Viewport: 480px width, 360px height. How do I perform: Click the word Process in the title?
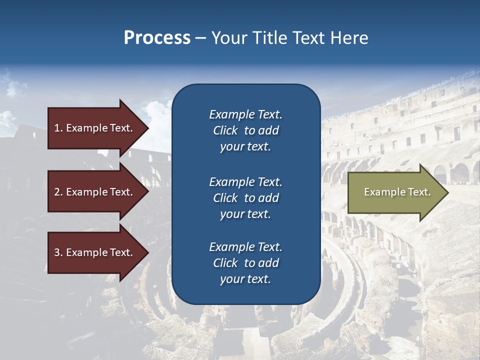click(157, 38)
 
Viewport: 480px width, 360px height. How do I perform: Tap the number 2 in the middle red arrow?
click(57, 192)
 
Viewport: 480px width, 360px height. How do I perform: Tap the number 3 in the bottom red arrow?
click(57, 252)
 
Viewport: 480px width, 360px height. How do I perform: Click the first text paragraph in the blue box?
click(245, 130)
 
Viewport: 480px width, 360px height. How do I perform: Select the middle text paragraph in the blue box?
click(245, 198)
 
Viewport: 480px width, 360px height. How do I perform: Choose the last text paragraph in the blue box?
click(245, 263)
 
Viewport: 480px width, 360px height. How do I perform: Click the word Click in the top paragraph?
click(225, 130)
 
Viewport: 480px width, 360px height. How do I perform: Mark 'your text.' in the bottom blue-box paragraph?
click(245, 279)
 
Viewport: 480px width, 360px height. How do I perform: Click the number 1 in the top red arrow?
click(56, 128)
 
